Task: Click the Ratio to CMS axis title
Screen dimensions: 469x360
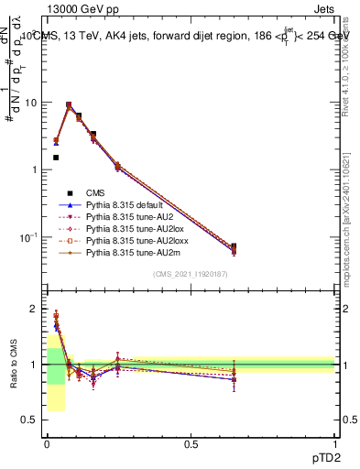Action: point(13,363)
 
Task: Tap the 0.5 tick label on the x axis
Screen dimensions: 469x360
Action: point(191,444)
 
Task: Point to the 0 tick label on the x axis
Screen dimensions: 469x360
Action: point(47,444)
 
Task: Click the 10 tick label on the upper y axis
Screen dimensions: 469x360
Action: point(30,103)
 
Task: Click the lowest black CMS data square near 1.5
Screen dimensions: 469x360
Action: point(56,158)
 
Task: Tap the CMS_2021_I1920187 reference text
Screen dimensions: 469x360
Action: point(190,275)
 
